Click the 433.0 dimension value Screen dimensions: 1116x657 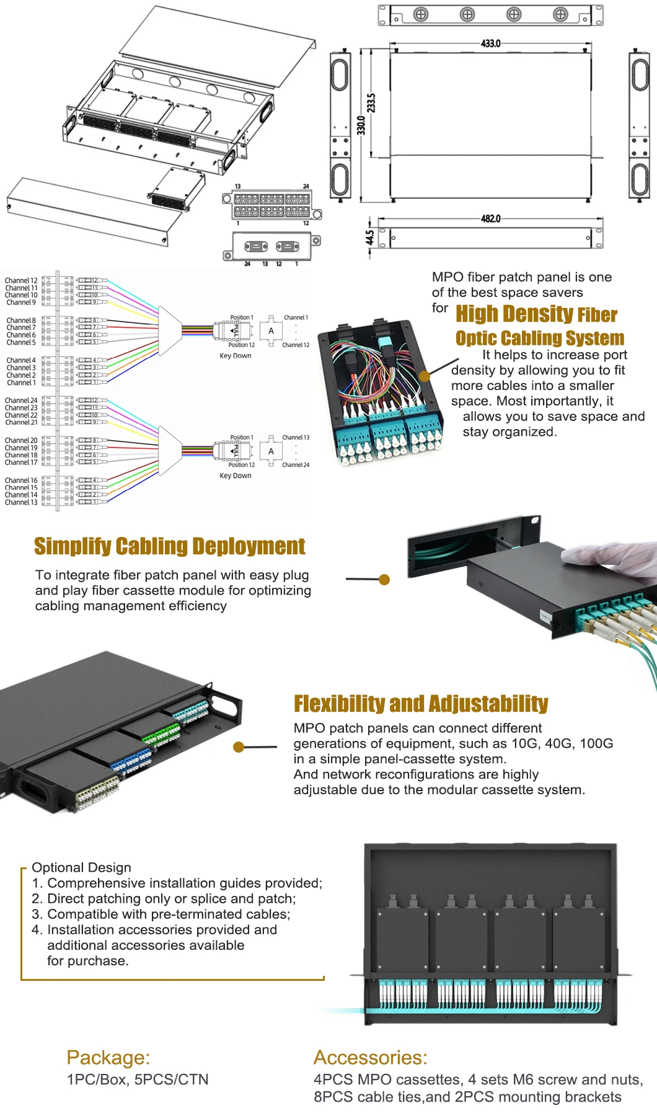(x=490, y=43)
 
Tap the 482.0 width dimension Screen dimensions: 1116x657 (x=490, y=219)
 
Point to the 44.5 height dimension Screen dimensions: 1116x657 (x=369, y=237)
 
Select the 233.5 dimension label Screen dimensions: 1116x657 (x=371, y=103)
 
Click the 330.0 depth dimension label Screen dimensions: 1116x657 (x=361, y=125)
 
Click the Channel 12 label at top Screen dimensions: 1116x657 (x=21, y=280)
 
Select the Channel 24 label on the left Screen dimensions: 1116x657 (x=21, y=401)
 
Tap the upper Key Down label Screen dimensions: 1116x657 (x=236, y=356)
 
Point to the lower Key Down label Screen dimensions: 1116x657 (x=236, y=476)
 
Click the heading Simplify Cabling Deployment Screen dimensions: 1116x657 (x=169, y=546)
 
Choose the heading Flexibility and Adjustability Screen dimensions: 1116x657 (x=421, y=704)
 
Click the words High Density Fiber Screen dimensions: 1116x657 (x=536, y=314)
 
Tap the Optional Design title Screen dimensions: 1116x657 (x=81, y=867)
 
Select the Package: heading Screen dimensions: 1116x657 (x=108, y=1057)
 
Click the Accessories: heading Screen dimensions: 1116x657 (x=370, y=1057)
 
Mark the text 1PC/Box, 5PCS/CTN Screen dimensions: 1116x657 (x=138, y=1079)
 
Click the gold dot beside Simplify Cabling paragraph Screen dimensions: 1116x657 (x=384, y=580)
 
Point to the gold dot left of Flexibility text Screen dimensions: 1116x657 (x=239, y=747)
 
